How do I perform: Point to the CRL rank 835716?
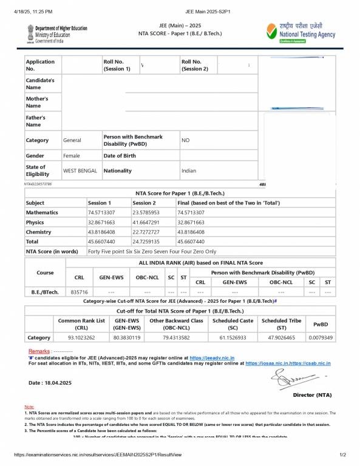(80, 292)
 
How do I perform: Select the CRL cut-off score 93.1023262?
(81, 337)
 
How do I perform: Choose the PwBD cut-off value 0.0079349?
(320, 337)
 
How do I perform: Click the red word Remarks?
(39, 351)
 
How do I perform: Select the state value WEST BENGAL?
(80, 171)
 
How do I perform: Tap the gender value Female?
(72, 156)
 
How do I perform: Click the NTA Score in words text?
(152, 251)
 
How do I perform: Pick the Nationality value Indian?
(189, 171)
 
